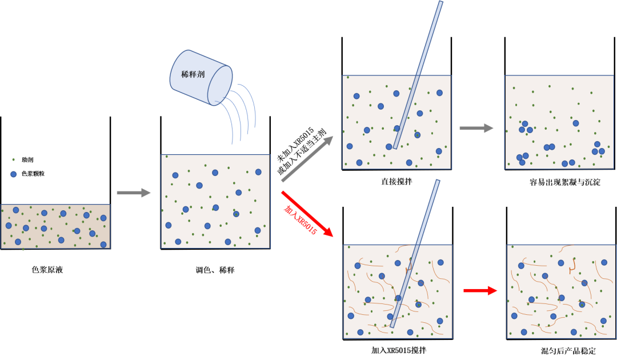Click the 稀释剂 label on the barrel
click(193, 74)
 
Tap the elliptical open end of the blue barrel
click(220, 85)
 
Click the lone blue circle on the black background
click(14, 174)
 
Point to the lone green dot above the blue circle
click(14, 159)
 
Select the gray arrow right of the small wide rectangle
click(133, 193)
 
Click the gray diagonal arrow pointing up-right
click(307, 158)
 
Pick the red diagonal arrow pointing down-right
click(307, 214)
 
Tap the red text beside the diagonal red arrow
click(299, 221)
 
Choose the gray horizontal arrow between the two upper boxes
click(476, 128)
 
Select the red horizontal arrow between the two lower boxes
click(480, 290)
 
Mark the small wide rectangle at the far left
click(55, 226)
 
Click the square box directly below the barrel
click(215, 201)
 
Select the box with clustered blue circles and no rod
click(559, 122)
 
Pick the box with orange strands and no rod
click(561, 291)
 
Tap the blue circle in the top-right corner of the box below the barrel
click(258, 172)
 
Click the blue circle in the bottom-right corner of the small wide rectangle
click(103, 245)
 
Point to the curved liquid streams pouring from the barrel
click(240, 112)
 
